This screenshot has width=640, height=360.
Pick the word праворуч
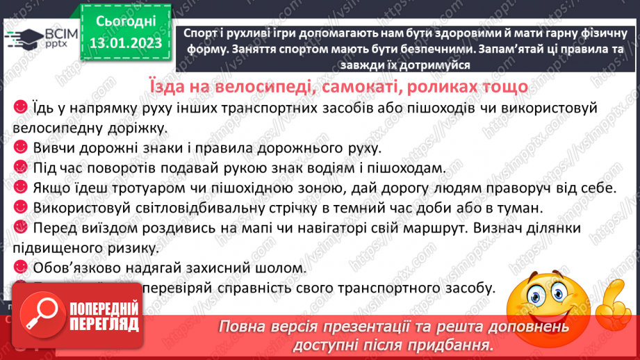click(x=519, y=188)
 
